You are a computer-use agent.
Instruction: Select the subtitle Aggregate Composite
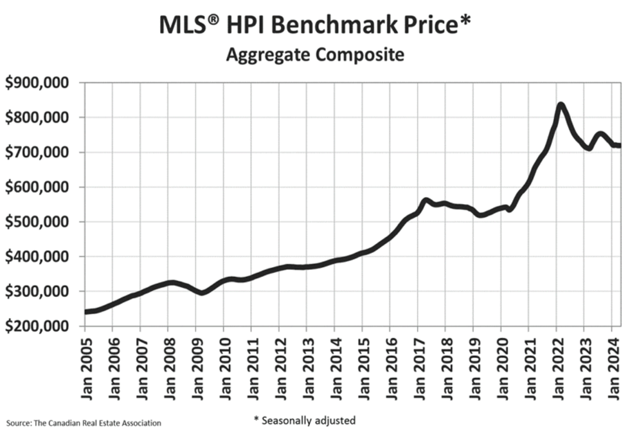[x=314, y=55]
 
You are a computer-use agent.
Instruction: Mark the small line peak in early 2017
[x=425, y=200]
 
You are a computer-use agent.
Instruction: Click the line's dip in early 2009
[x=202, y=293]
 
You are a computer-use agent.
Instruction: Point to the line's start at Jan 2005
[x=85, y=312]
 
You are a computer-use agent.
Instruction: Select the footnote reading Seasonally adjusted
[x=304, y=420]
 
